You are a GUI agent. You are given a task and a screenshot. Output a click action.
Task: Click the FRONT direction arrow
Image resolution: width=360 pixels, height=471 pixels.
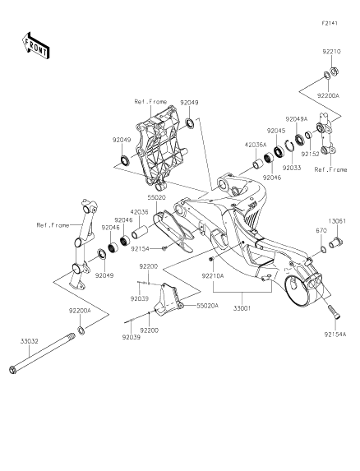point(35,45)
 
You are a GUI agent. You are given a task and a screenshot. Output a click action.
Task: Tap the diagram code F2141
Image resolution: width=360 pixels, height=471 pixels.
point(330,23)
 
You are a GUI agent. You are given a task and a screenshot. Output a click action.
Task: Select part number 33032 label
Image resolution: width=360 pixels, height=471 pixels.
point(30,341)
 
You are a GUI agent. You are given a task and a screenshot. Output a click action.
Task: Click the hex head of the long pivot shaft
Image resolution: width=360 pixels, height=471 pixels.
point(13,370)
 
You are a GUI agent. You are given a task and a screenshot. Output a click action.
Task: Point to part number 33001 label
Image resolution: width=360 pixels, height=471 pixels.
point(242,308)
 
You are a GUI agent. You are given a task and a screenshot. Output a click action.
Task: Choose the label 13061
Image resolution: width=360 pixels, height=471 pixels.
point(337,221)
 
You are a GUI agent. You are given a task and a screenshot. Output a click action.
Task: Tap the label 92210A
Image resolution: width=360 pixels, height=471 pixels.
point(213,275)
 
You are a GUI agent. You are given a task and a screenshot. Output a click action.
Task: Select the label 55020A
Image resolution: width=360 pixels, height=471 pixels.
point(207,306)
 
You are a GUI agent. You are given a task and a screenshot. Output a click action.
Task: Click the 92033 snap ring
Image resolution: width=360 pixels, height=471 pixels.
point(288,147)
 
